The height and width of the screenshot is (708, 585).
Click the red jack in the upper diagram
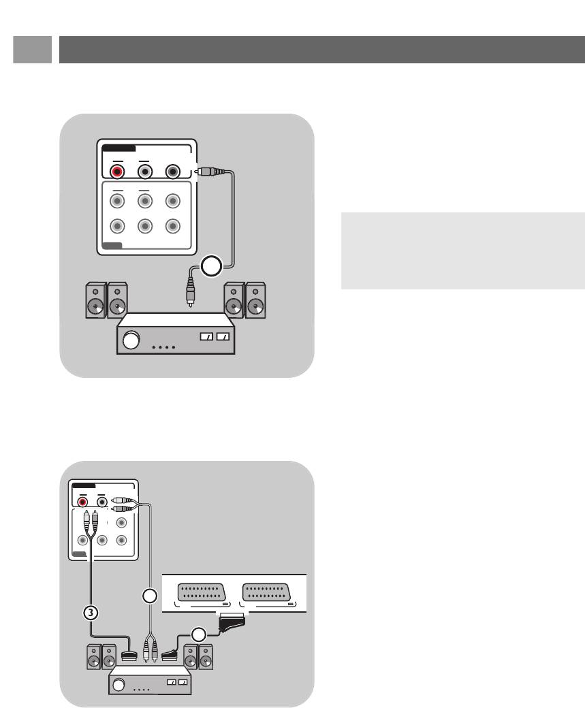(118, 171)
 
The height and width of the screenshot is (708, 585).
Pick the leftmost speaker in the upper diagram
(95, 302)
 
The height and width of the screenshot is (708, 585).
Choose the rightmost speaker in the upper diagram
(256, 302)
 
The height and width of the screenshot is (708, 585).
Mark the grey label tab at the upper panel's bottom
(113, 246)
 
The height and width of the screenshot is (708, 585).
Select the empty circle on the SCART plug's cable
(197, 634)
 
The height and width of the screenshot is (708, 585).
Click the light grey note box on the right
(462, 251)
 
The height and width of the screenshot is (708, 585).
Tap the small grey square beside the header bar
(32, 50)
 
